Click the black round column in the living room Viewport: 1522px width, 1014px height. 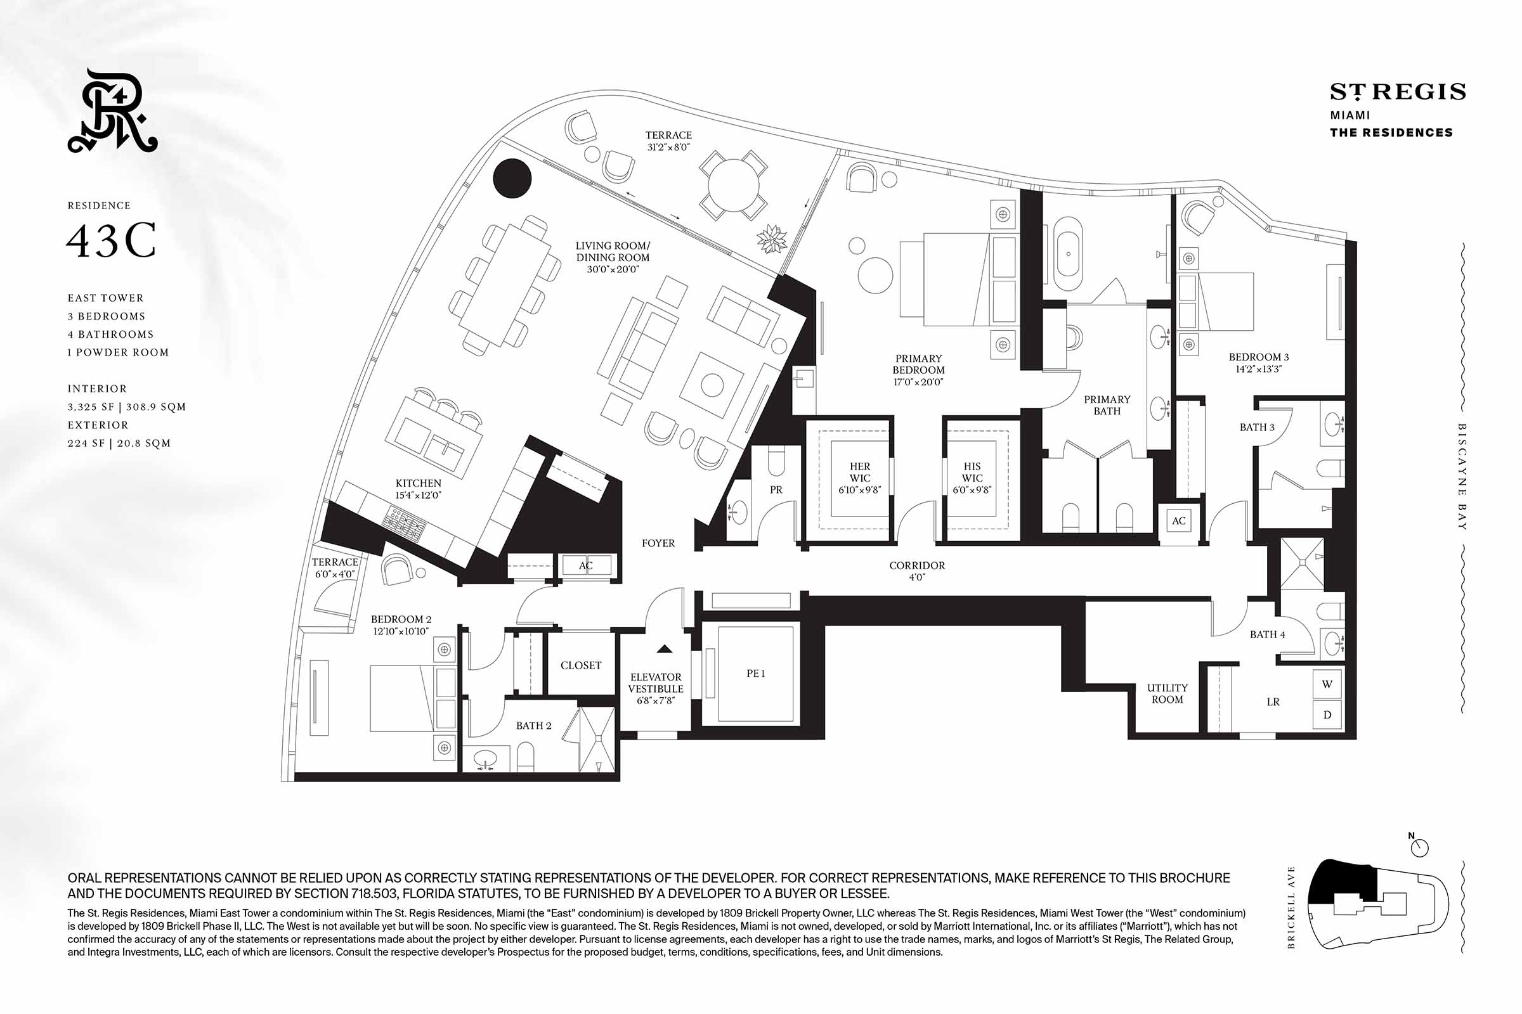[512, 178]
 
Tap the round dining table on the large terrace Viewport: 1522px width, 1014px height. [733, 186]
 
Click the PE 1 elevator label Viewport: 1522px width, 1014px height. [755, 673]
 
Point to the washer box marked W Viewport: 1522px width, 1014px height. [1327, 684]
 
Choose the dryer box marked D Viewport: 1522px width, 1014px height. [1327, 715]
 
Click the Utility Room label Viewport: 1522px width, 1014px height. [1167, 693]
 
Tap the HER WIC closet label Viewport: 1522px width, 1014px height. [859, 478]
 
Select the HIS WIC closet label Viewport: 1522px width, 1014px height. [972, 478]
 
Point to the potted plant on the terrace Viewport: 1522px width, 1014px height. [772, 239]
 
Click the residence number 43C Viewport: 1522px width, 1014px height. [112, 241]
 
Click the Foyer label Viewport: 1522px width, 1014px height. [658, 543]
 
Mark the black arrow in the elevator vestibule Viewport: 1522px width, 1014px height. [665, 648]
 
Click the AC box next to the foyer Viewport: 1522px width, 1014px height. [586, 566]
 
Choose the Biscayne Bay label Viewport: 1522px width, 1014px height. [1462, 477]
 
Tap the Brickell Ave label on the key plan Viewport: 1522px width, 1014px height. [1292, 908]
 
